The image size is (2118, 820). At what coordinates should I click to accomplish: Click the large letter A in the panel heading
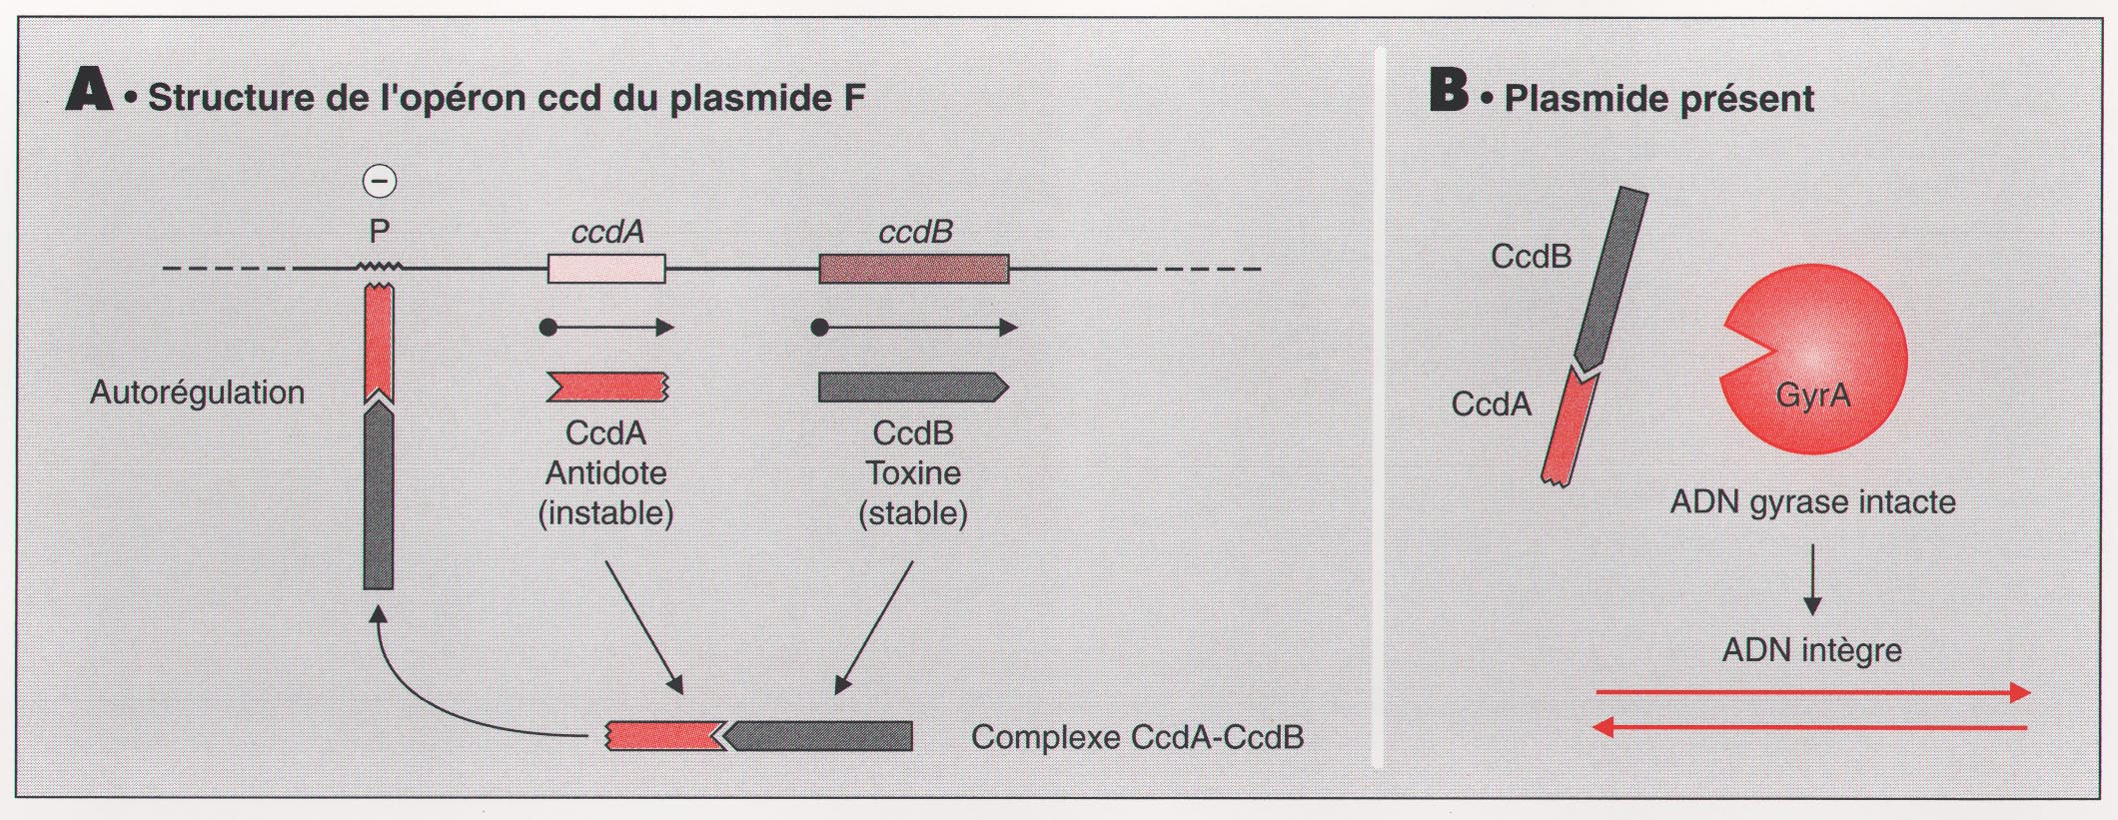(x=89, y=89)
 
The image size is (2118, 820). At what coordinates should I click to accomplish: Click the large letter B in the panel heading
(x=1449, y=89)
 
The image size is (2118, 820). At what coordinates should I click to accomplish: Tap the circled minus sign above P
(x=379, y=181)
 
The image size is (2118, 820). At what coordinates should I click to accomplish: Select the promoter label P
(x=380, y=232)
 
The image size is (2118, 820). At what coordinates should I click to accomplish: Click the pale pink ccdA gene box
(x=606, y=269)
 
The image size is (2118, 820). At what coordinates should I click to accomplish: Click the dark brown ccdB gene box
(x=913, y=269)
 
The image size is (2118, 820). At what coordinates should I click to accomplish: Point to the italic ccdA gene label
(x=607, y=232)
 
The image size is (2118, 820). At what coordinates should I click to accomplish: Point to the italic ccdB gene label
(x=915, y=232)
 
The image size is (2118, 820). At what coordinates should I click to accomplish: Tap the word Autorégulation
(x=198, y=393)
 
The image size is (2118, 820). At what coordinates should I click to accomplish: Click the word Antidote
(x=606, y=472)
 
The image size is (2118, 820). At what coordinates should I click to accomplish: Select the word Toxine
(x=913, y=472)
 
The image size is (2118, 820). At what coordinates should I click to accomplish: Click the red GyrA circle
(x=1813, y=360)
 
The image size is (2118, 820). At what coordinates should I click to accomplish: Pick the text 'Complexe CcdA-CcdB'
(x=1137, y=737)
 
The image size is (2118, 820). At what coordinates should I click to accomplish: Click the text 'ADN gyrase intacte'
(x=1812, y=501)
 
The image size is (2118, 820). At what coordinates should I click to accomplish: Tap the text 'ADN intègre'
(x=1811, y=650)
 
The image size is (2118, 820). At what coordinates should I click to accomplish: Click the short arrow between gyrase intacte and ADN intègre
(x=1812, y=579)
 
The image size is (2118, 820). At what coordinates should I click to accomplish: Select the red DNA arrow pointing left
(x=1810, y=727)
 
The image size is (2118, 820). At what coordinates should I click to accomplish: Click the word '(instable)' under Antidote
(x=606, y=513)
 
